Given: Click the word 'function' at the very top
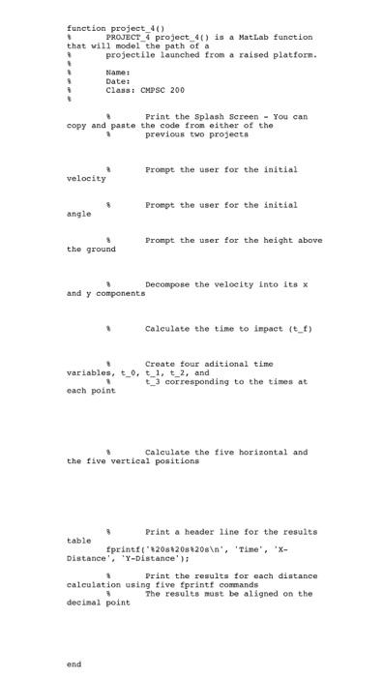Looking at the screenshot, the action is coord(85,27).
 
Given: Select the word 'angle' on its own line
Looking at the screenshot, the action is coord(79,214).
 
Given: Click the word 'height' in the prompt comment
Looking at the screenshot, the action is coord(260,240).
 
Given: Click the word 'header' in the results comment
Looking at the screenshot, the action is coord(195,532).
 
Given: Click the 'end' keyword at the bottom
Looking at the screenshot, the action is coord(74,664).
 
